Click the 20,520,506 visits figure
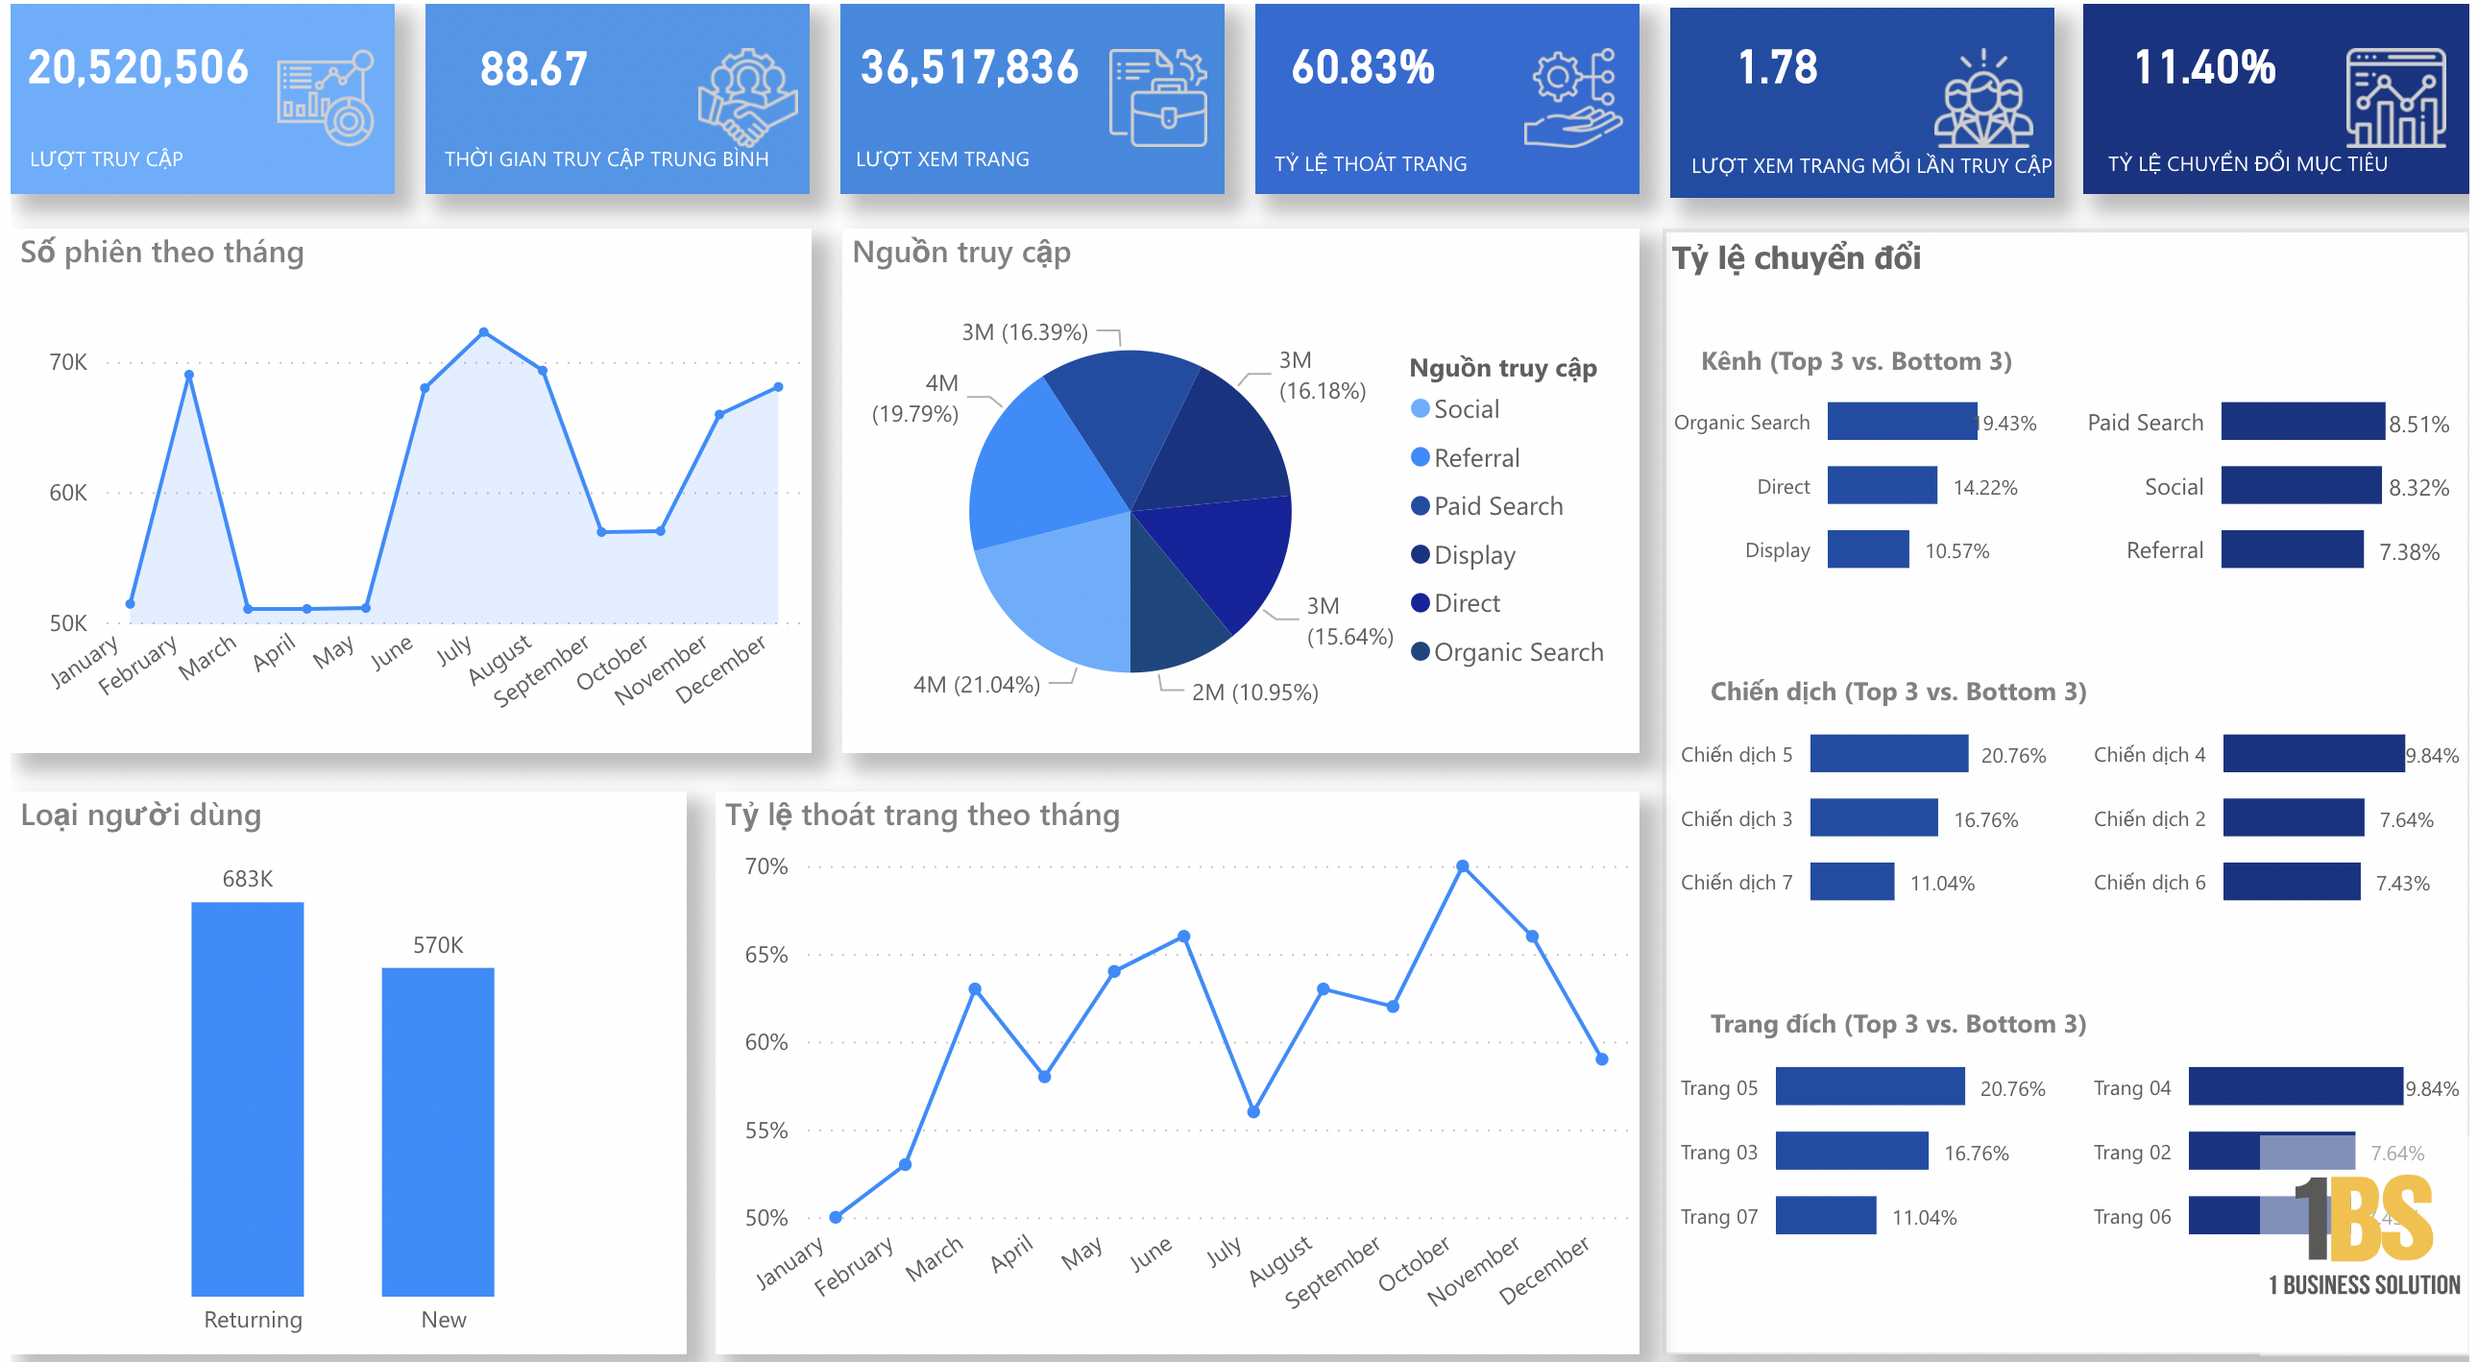tap(137, 67)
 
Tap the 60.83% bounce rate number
tap(1361, 67)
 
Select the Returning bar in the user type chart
tap(247, 1098)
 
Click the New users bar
tap(438, 1131)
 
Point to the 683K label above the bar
tap(247, 878)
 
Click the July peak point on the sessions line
tap(483, 331)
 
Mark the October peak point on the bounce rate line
tap(1462, 866)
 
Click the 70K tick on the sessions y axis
tap(67, 363)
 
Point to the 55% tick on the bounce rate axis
tap(765, 1131)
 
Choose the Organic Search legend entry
tap(1517, 652)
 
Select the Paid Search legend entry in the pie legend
tap(1496, 506)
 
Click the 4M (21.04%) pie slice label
tap(976, 685)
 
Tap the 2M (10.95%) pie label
tap(1253, 693)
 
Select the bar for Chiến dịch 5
tap(1888, 754)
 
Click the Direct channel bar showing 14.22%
tap(1882, 486)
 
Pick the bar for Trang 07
tap(1825, 1216)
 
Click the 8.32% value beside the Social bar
tap(2417, 488)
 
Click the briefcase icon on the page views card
tap(1168, 119)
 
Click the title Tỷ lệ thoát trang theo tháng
tap(921, 815)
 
